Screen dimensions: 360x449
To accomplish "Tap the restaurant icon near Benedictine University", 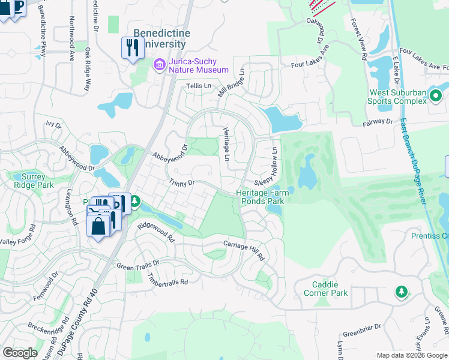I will click(133, 47).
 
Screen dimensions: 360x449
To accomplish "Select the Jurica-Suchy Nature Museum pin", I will click(160, 64).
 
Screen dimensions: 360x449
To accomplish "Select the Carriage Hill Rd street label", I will click(244, 250).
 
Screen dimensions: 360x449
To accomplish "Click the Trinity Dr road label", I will click(182, 183).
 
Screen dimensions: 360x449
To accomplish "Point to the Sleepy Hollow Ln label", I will click(268, 169).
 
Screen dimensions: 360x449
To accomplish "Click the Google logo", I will click(19, 353).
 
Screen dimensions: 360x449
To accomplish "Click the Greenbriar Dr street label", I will click(362, 330).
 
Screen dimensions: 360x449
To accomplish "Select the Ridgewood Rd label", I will click(155, 231).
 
